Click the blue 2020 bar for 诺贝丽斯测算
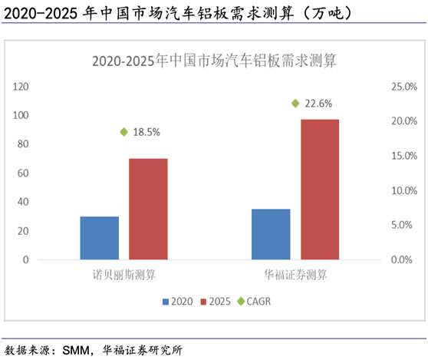coord(100,238)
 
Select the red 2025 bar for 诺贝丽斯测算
coord(148,209)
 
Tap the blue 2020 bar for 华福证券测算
coord(271,234)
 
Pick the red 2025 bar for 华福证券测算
coord(320,190)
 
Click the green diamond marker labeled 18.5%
coord(123,132)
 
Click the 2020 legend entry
coord(176,302)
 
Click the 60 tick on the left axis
coord(24,173)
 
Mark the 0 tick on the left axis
coord(26,259)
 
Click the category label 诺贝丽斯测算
coord(123,274)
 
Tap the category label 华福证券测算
coord(295,274)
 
